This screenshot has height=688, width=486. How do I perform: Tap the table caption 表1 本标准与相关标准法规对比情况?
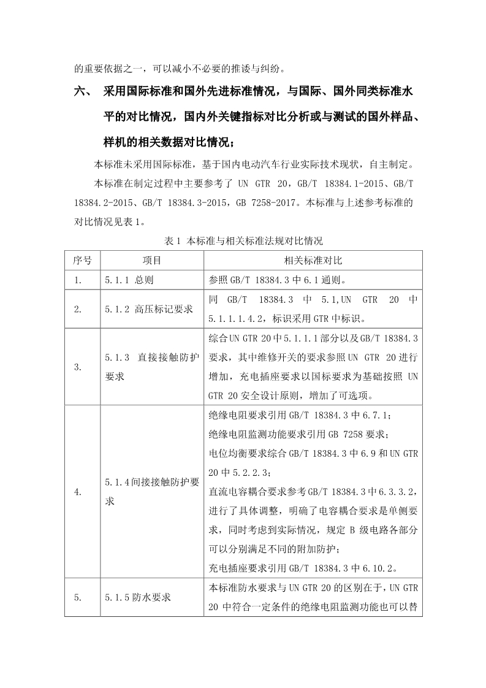pyautogui.click(x=243, y=240)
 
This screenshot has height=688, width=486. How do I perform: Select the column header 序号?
pyautogui.click(x=82, y=261)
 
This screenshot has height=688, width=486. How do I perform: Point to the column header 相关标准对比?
pyautogui.click(x=313, y=261)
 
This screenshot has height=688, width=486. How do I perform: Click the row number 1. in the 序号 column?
pyautogui.click(x=78, y=280)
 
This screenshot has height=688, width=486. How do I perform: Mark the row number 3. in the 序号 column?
pyautogui.click(x=78, y=367)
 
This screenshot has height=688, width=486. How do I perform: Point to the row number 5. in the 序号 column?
pyautogui.click(x=78, y=597)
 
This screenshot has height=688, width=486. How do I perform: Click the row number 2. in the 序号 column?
pyautogui.click(x=78, y=309)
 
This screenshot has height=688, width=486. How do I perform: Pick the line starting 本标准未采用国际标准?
pyautogui.click(x=252, y=164)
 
